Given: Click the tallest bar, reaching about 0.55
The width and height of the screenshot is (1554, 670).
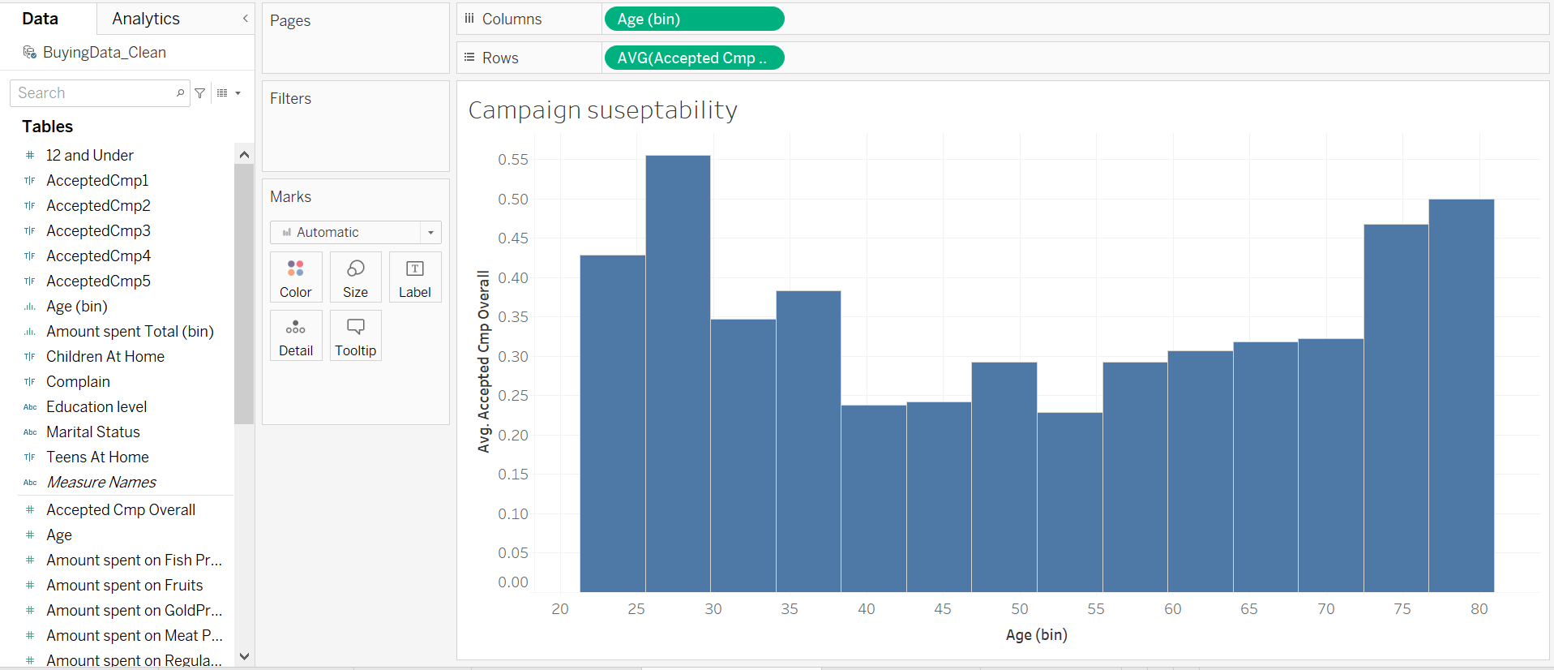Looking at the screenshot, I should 678,373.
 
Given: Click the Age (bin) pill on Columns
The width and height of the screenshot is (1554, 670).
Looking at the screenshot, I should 694,19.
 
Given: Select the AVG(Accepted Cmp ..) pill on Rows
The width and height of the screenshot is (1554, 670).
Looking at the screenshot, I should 694,58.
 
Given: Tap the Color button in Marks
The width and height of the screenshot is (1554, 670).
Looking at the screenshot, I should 296,278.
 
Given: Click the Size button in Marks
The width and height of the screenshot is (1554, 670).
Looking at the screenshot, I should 355,278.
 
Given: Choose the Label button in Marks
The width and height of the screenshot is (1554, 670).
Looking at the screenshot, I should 415,278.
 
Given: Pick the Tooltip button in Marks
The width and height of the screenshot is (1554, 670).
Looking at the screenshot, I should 355,337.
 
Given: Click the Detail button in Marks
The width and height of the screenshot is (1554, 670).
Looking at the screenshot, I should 296,337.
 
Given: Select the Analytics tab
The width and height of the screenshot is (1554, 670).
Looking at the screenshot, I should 146,19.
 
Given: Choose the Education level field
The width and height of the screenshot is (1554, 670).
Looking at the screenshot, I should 96,406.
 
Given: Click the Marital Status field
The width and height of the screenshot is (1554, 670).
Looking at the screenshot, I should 93,432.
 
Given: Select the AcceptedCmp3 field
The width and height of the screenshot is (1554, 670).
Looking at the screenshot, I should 98,230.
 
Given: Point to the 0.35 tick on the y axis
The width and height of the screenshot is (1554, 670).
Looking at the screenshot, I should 513,317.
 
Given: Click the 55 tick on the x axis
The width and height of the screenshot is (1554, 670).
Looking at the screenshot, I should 1096,609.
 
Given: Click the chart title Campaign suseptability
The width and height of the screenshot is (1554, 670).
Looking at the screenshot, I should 603,110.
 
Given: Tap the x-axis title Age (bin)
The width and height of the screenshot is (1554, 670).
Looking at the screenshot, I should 1036,635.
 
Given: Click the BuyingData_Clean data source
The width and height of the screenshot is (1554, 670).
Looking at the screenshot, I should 104,52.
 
